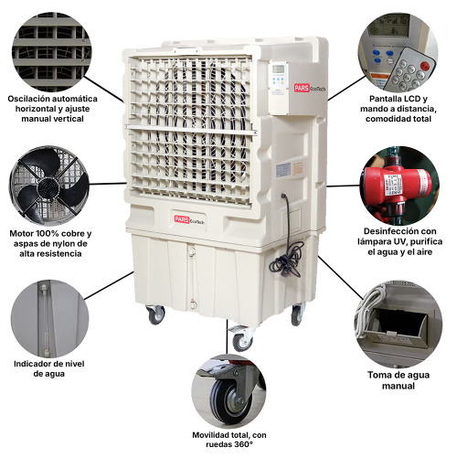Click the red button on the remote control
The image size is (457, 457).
pyautogui.click(x=424, y=65)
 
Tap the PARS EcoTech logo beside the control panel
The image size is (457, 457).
pyautogui.click(x=310, y=88)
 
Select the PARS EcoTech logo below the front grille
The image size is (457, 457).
pyautogui.click(x=189, y=219)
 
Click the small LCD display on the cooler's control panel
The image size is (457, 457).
pyautogui.click(x=278, y=69)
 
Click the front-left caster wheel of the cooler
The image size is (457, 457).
pyautogui.click(x=156, y=314)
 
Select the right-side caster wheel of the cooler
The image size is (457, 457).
pyautogui.click(x=297, y=314)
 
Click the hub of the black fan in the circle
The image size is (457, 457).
pyautogui.click(x=48, y=186)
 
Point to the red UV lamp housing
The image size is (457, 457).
pyautogui.click(x=396, y=184)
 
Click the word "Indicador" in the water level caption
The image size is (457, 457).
pyautogui.click(x=31, y=364)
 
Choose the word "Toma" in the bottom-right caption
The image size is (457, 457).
pyautogui.click(x=378, y=375)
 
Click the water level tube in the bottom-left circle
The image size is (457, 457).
pyautogui.click(x=45, y=319)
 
